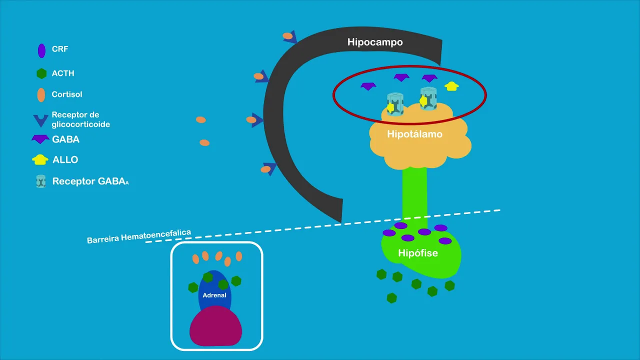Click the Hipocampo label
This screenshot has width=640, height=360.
click(375, 42)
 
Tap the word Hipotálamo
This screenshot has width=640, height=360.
click(414, 134)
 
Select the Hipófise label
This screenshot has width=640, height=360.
click(418, 253)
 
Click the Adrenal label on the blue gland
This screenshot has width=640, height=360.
click(214, 295)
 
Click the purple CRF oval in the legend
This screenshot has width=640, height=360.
click(41, 50)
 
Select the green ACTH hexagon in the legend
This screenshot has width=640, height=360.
click(41, 73)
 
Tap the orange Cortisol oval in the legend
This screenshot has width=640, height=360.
click(41, 94)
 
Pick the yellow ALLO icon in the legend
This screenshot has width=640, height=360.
click(40, 160)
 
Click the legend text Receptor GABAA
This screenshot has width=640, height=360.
click(90, 181)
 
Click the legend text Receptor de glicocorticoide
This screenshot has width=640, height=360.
click(80, 119)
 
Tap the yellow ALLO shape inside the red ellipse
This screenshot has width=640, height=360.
click(451, 86)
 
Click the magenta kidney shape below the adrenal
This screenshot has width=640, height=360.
click(215, 327)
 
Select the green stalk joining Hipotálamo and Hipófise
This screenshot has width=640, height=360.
click(415, 195)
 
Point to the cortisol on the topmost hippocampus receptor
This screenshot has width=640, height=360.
click(287, 36)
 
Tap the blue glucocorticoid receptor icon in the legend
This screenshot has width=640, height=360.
click(40, 120)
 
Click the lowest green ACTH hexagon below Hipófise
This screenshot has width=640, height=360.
click(391, 298)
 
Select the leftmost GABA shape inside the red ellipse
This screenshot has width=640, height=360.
click(367, 86)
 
